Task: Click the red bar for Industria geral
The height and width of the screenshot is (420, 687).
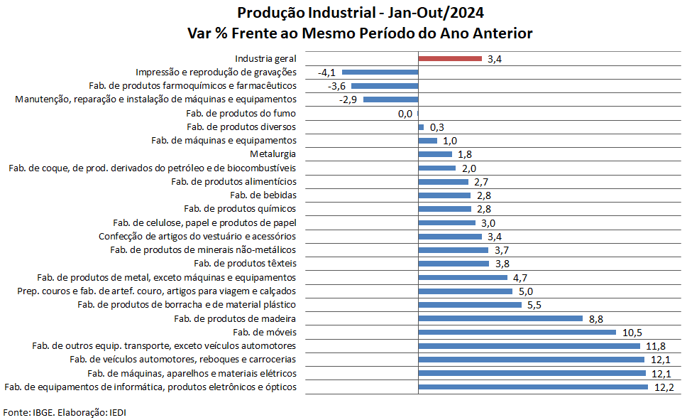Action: pyautogui.click(x=450, y=59)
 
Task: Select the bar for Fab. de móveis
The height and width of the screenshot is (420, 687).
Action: pyautogui.click(x=517, y=332)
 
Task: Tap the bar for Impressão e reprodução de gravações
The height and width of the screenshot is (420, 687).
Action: pyautogui.click(x=380, y=72)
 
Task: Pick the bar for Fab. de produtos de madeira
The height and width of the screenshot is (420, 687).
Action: pyautogui.click(x=500, y=318)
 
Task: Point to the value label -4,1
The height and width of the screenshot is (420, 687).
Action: pyautogui.click(x=327, y=72)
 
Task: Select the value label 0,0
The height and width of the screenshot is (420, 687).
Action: pyautogui.click(x=405, y=114)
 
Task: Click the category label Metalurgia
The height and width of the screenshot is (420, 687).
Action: pyautogui.click(x=273, y=154)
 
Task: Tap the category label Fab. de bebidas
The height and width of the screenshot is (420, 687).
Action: pyautogui.click(x=263, y=195)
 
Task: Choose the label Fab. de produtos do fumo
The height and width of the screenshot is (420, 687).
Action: pyautogui.click(x=241, y=114)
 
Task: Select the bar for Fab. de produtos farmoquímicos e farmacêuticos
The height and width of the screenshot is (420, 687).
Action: pyautogui.click(x=385, y=86)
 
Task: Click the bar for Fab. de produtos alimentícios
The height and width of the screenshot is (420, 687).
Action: pyautogui.click(x=444, y=182)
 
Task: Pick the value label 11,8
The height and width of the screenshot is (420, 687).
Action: pyautogui.click(x=655, y=346)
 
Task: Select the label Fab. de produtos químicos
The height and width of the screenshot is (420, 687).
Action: pyautogui.click(x=240, y=209)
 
